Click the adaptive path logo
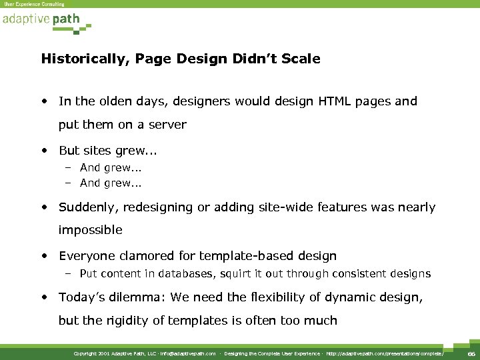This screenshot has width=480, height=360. pyautogui.click(x=46, y=21)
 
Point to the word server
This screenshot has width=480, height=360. pyautogui.click(x=166, y=125)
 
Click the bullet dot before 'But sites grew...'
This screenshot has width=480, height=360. pyautogui.click(x=44, y=151)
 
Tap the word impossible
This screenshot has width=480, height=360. pyautogui.click(x=91, y=230)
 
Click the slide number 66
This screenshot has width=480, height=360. pyautogui.click(x=471, y=354)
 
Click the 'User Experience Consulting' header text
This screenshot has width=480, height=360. pyautogui.click(x=34, y=4)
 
